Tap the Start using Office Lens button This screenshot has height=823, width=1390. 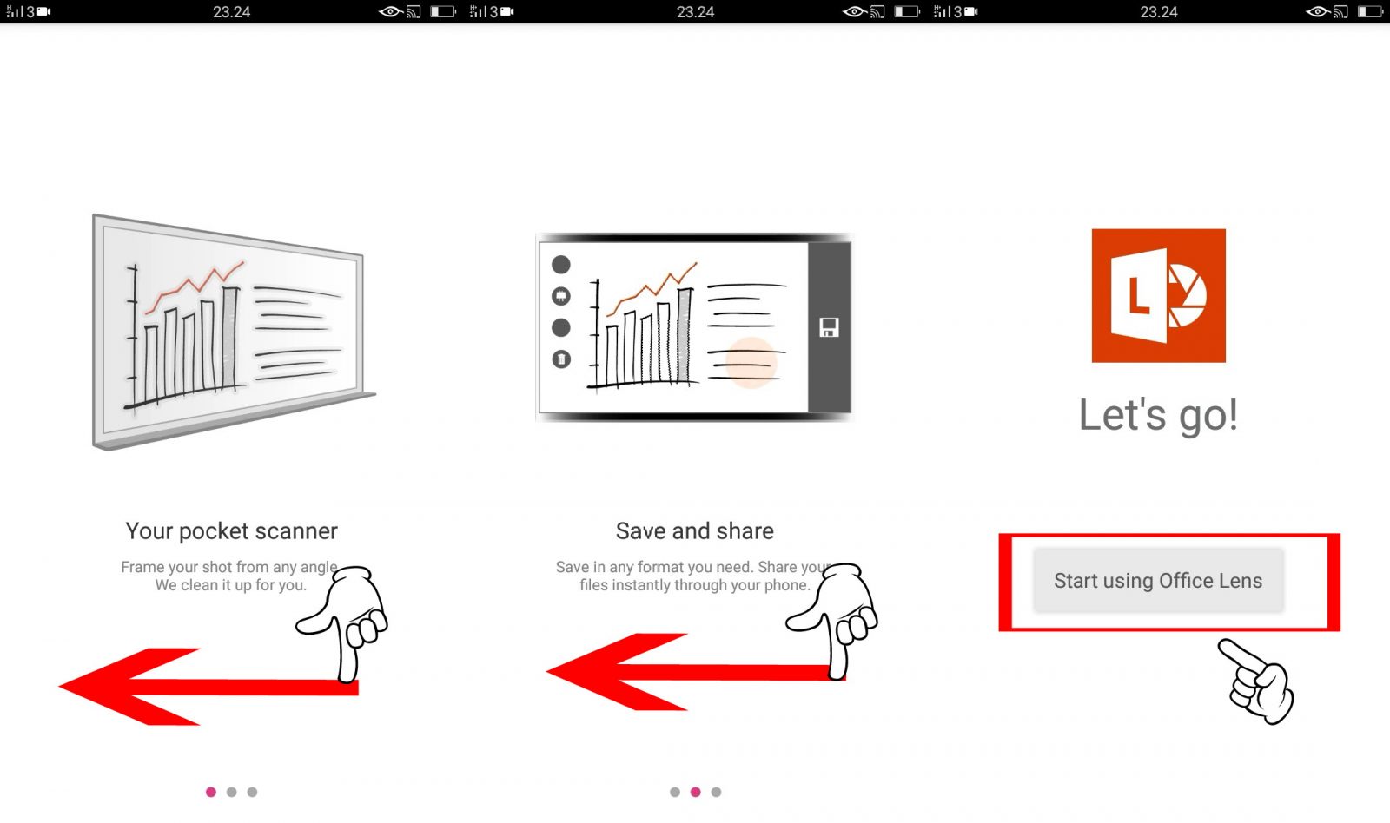click(1158, 581)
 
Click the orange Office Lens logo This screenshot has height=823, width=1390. click(1159, 295)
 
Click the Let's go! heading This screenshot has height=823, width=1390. click(1159, 415)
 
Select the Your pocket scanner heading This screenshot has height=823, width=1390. click(231, 531)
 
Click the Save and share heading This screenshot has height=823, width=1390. click(694, 531)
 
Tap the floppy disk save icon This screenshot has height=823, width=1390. click(829, 327)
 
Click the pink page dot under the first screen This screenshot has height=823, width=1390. click(211, 792)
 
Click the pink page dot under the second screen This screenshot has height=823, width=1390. click(696, 792)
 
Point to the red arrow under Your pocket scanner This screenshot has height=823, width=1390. click(208, 687)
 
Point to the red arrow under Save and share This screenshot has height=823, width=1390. click(695, 672)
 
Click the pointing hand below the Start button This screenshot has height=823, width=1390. click(1256, 681)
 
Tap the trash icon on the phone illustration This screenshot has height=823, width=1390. click(561, 359)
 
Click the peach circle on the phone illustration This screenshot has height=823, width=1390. click(751, 363)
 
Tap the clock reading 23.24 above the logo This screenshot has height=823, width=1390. click(1159, 12)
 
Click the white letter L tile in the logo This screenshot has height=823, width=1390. click(1139, 296)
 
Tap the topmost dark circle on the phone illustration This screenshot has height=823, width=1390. click(561, 265)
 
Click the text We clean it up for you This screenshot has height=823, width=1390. click(231, 585)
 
